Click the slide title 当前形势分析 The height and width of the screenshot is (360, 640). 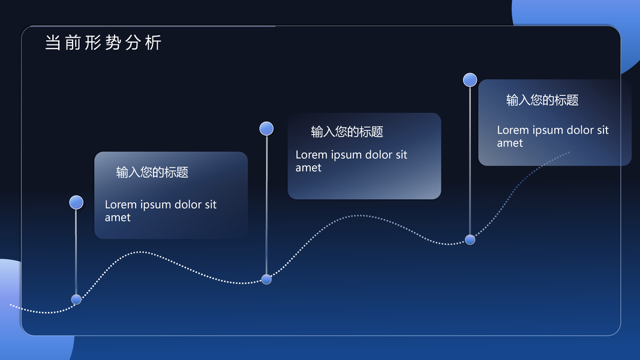103,43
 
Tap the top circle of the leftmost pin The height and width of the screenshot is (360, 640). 76,202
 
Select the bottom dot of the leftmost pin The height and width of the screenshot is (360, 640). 76,299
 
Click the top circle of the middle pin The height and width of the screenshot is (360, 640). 266,128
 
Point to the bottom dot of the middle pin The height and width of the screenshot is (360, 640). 266,279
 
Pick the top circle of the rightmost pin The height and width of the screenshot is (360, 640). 470,80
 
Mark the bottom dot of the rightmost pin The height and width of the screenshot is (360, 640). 470,239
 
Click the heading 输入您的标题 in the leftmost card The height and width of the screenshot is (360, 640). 152,172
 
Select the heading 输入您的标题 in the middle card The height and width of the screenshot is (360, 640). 347,132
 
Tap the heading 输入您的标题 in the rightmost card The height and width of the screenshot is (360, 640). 542,100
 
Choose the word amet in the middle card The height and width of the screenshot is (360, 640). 308,168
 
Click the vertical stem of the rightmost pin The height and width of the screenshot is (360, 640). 470,161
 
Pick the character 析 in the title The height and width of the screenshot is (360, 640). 154,43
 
